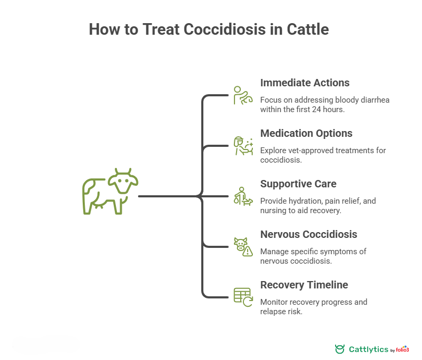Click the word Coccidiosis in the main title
(225, 29)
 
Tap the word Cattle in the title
(307, 29)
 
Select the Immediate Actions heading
(305, 83)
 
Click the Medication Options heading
(306, 133)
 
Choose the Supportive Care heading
(298, 184)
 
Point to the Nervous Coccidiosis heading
(309, 234)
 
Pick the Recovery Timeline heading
(304, 285)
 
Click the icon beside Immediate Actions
(243, 95)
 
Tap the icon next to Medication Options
(243, 146)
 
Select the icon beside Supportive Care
(243, 196)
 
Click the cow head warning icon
(243, 247)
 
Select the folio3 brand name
(403, 349)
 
